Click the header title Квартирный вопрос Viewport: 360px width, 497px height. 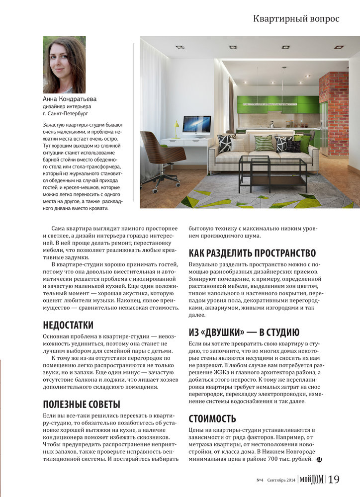(296, 19)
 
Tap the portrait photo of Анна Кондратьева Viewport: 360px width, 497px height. (64, 65)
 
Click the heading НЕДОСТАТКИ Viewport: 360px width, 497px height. (68, 326)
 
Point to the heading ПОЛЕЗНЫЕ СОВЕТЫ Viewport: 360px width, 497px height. (82, 404)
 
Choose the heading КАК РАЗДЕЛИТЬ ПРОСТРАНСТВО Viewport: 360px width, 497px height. (252, 253)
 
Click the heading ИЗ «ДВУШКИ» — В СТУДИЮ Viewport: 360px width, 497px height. (244, 332)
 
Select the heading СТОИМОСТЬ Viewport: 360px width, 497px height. (212, 418)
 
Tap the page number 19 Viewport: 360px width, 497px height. (334, 480)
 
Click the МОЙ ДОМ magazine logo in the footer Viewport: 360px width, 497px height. (311, 480)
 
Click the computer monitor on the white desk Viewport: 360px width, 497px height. (196, 125)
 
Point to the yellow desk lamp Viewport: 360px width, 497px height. (176, 129)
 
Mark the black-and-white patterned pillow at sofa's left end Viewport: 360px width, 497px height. (226, 143)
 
